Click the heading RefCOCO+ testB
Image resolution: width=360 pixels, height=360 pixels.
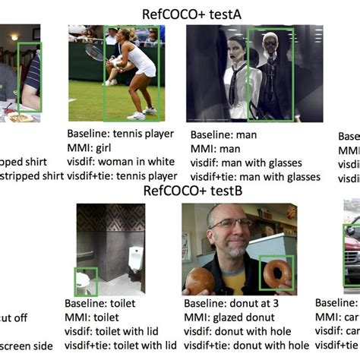194,191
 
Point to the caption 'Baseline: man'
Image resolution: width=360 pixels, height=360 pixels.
222,135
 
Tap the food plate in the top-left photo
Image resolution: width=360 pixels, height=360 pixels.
21,118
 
